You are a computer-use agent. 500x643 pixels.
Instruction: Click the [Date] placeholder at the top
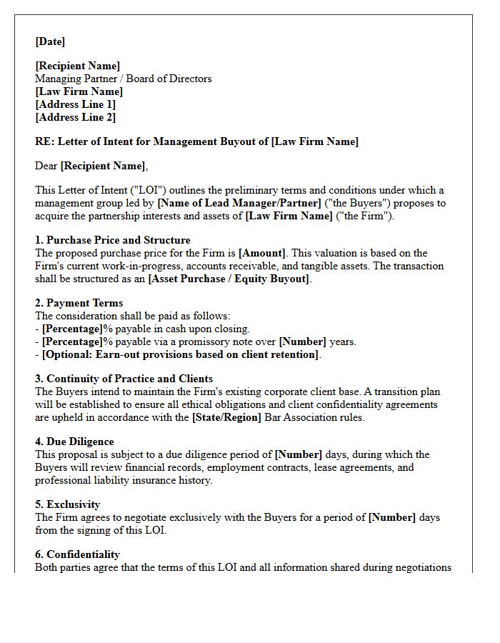[x=50, y=41]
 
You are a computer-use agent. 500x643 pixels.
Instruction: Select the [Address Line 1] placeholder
[x=75, y=104]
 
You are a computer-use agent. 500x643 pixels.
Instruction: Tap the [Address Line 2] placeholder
[x=75, y=117]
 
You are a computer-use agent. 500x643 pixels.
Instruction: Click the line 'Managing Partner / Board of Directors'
[x=123, y=79]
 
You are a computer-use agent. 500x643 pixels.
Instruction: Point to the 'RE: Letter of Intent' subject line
[x=196, y=141]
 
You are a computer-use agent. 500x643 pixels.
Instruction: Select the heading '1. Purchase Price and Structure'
[x=113, y=240]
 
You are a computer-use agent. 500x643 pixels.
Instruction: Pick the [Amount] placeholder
[x=262, y=253]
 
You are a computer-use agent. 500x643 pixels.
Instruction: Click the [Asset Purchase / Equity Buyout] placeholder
[x=229, y=279]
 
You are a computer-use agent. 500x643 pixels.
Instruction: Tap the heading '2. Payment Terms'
[x=79, y=303]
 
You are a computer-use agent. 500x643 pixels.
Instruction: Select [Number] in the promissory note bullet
[x=301, y=342]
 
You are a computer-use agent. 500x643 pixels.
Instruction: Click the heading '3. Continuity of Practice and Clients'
[x=124, y=379]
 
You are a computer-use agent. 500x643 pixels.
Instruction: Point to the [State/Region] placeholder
[x=226, y=417]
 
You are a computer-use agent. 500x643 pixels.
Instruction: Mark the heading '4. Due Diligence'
[x=74, y=442]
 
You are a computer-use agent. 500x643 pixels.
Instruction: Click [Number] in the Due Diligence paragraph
[x=298, y=454]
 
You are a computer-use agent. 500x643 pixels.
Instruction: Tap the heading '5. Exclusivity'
[x=68, y=504]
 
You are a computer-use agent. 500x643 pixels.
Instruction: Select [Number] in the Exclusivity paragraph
[x=391, y=517]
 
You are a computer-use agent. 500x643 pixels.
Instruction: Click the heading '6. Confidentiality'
[x=77, y=554]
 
